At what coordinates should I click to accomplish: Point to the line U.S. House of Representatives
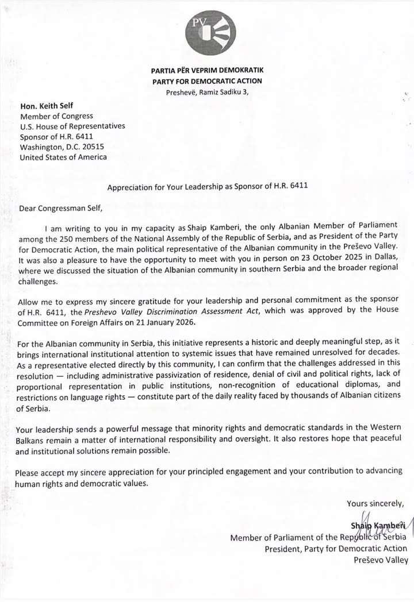click(x=72, y=126)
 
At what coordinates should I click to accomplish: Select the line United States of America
click(x=63, y=157)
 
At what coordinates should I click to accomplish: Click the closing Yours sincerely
click(x=375, y=504)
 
